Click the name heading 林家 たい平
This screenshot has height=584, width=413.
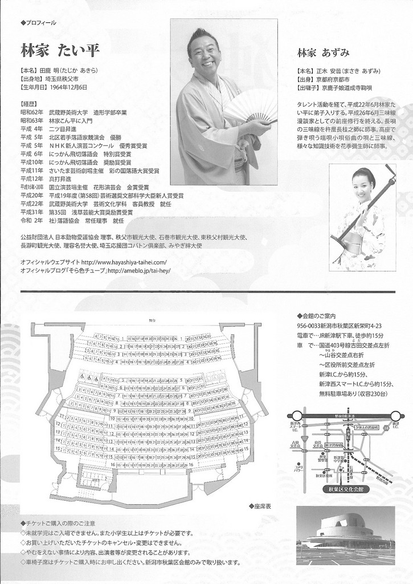tap(59, 50)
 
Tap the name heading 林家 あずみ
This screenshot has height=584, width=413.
tap(322, 52)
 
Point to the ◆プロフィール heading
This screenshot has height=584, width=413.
tap(39, 23)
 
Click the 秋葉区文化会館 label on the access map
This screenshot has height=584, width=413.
tap(346, 489)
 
